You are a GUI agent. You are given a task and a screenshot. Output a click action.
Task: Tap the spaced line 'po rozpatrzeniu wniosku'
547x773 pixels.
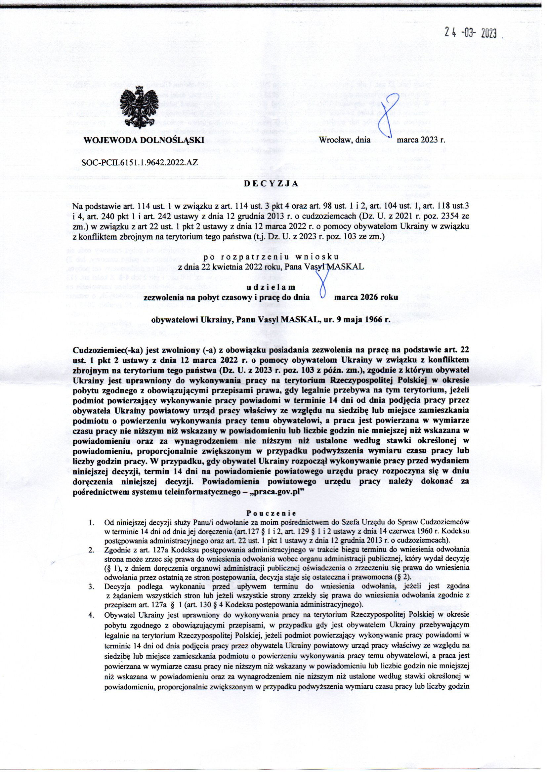273,259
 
